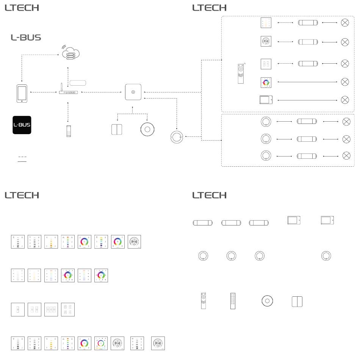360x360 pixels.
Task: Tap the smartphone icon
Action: [x=22, y=93]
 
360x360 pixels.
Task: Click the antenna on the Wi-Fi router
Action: [x=61, y=88]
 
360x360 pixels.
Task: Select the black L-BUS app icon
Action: [x=22, y=125]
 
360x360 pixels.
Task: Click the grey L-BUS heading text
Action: [x=26, y=38]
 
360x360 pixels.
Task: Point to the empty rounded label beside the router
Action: [x=78, y=83]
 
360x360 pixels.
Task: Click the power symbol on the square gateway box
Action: [x=133, y=92]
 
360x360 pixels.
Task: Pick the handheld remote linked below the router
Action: [x=69, y=131]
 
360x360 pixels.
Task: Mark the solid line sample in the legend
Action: [x=22, y=161]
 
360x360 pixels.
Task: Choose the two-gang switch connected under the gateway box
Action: [x=117, y=129]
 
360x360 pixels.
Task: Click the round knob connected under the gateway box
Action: [x=148, y=129]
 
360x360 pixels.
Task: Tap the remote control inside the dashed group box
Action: [x=240, y=74]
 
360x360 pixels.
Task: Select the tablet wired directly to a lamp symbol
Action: [x=266, y=100]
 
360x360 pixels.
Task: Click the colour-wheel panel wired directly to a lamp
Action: [x=266, y=82]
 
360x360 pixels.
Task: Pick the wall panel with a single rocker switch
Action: [x=18, y=310]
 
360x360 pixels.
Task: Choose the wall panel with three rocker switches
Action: [x=51, y=310]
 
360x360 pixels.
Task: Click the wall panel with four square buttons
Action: [x=68, y=310]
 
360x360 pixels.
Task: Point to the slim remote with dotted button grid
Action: [x=233, y=301]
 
